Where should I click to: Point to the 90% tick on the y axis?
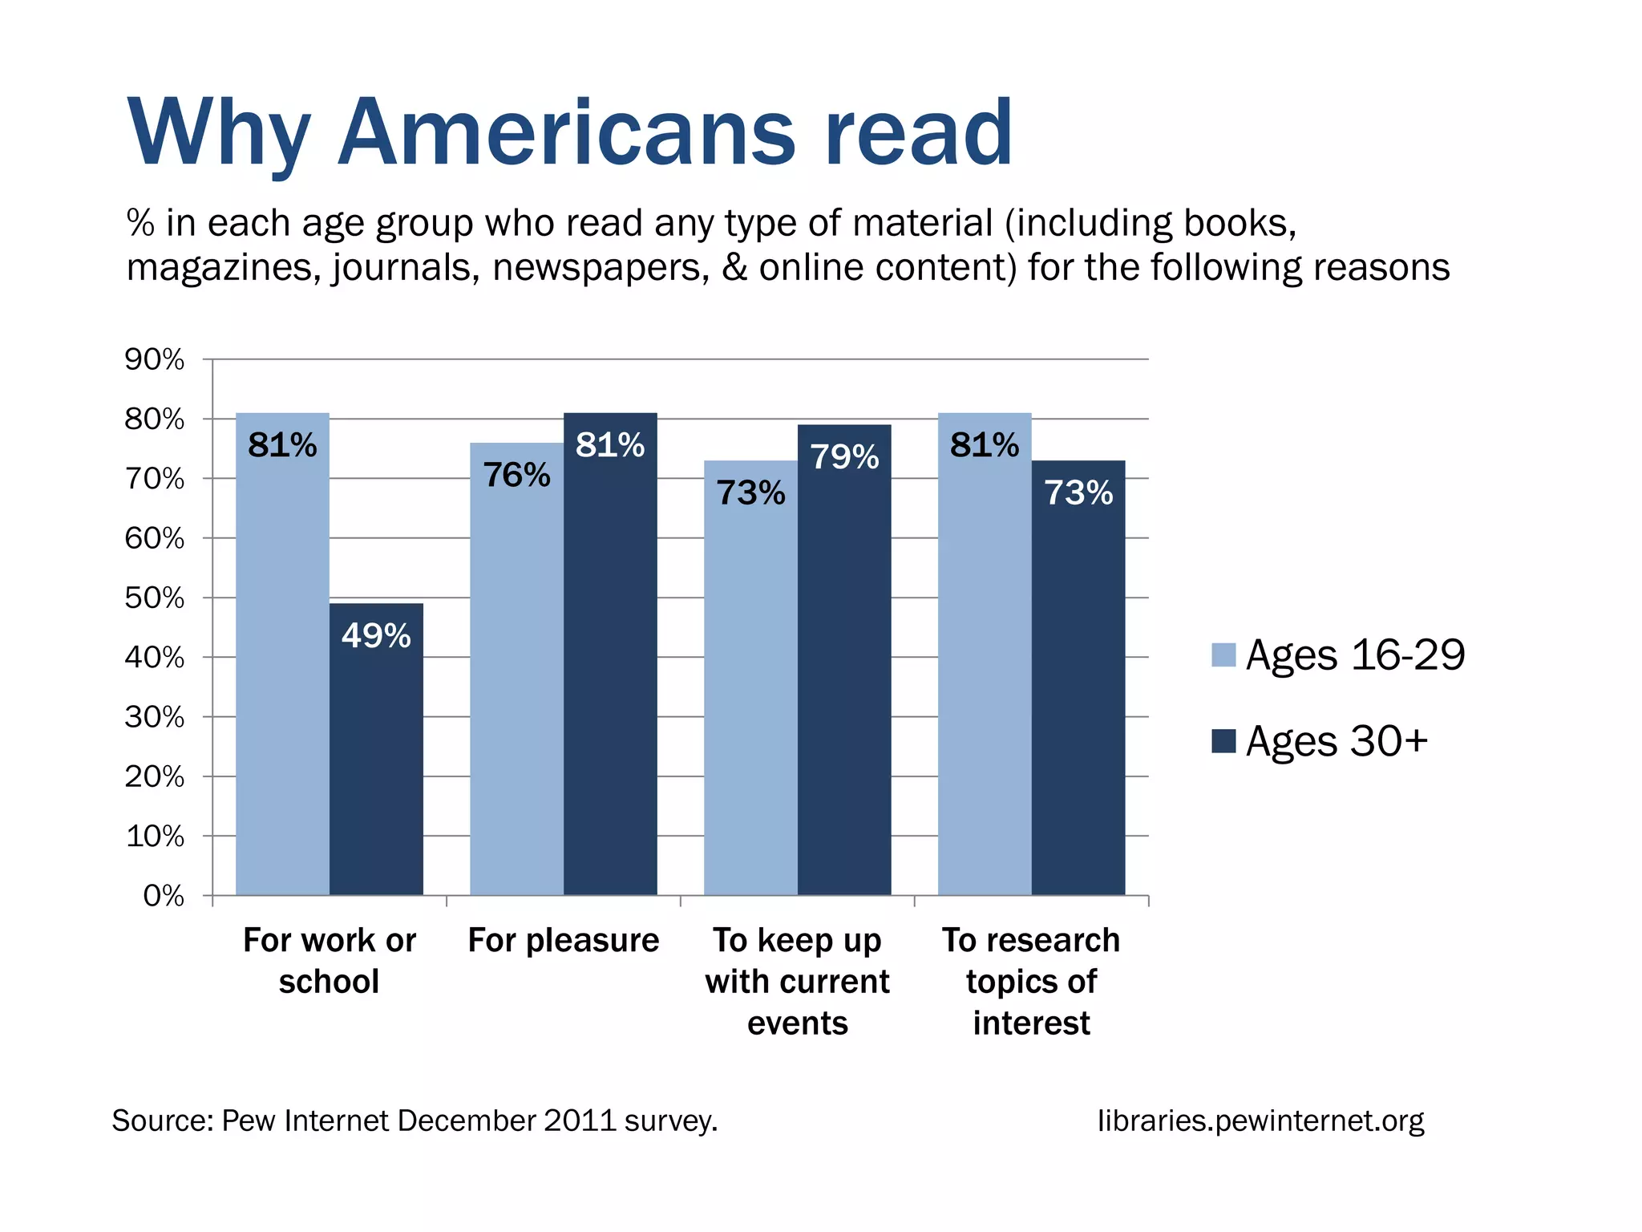(x=155, y=359)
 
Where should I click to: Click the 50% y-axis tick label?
(x=155, y=598)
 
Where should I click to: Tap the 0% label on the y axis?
(x=164, y=896)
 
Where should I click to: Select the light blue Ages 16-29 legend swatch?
(x=1223, y=654)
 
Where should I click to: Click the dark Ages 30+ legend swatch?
(x=1223, y=740)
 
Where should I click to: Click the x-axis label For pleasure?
(x=563, y=940)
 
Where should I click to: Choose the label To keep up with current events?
(x=797, y=981)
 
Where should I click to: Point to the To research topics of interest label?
(x=1031, y=981)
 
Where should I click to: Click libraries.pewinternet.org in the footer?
(x=1260, y=1121)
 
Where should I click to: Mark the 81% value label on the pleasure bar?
(x=609, y=445)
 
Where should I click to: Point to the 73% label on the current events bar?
(x=750, y=492)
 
